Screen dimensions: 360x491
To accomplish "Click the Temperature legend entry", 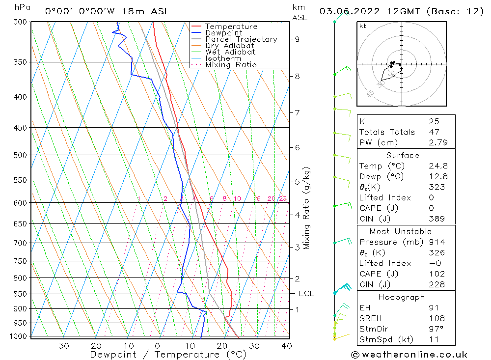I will click(231, 27).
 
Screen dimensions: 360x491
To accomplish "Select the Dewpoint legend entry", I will click(224, 33).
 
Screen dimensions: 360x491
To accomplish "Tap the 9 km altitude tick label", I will click(298, 39).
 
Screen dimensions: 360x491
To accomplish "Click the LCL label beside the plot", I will click(306, 294).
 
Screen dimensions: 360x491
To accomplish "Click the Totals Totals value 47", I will click(434, 132).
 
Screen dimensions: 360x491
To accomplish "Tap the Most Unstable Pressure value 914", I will click(436, 242).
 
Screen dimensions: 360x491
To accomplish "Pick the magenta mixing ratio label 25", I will click(283, 198).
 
